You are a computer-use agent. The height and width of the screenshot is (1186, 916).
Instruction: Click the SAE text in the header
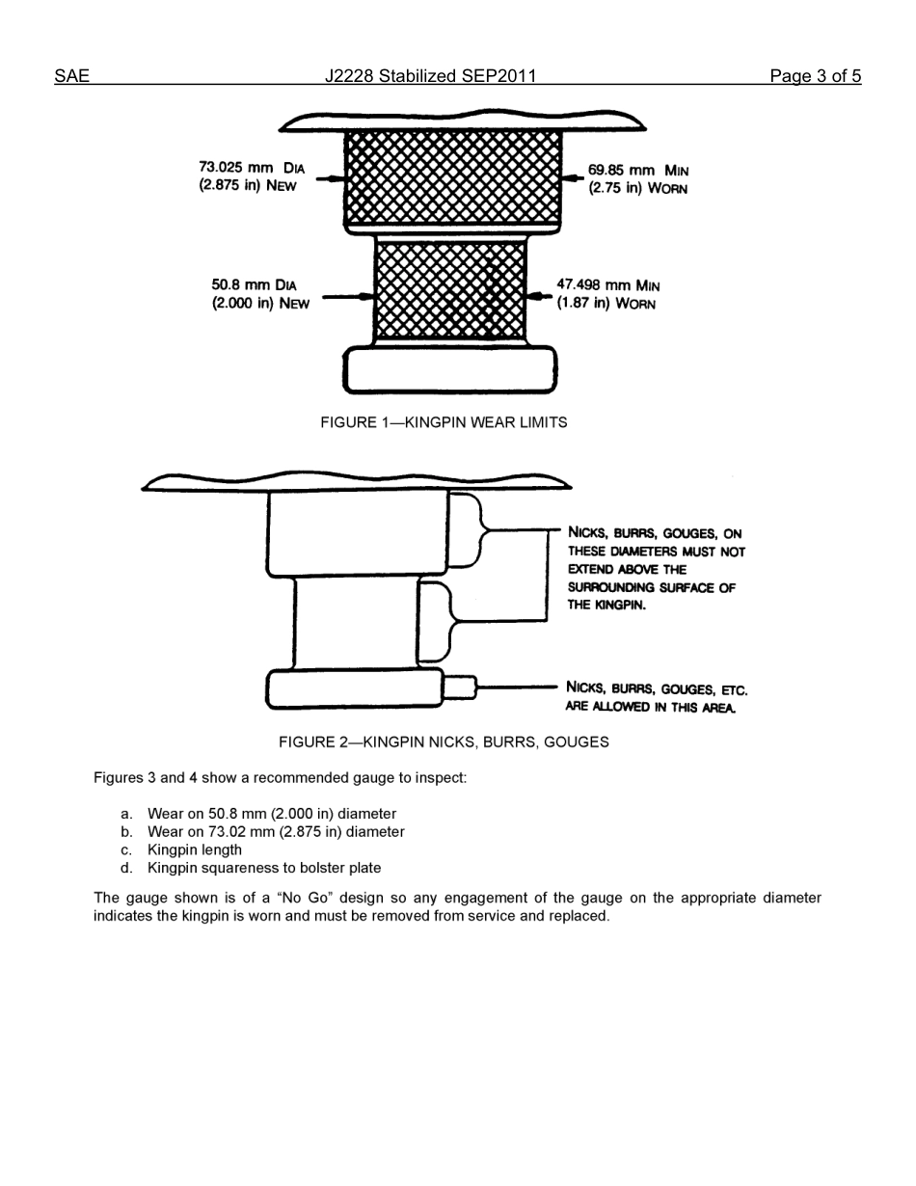(x=71, y=76)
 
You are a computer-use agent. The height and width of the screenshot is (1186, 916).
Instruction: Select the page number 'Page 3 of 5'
(x=815, y=76)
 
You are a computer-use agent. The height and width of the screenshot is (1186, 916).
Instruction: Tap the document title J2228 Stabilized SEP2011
(x=430, y=76)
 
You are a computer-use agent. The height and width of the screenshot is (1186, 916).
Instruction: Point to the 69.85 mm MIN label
(x=637, y=171)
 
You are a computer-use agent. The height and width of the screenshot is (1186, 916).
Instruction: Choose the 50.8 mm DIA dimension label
(x=255, y=285)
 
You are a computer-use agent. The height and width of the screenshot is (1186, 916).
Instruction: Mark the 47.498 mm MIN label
(x=608, y=285)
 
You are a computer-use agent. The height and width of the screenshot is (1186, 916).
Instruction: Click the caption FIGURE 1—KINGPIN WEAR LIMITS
(x=444, y=422)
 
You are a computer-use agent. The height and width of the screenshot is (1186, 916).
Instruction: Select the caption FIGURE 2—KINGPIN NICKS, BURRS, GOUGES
(x=444, y=742)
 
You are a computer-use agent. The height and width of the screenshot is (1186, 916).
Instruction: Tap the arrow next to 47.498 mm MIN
(x=540, y=296)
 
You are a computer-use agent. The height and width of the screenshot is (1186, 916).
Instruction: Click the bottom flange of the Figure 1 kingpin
(x=450, y=369)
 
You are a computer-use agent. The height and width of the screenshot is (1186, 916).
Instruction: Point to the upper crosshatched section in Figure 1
(x=452, y=177)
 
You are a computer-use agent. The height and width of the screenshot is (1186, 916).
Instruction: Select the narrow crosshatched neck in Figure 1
(x=450, y=289)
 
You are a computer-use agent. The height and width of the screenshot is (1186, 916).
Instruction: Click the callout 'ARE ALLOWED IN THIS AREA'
(x=651, y=707)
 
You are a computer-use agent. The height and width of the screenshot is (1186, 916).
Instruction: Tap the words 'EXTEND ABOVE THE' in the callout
(x=627, y=570)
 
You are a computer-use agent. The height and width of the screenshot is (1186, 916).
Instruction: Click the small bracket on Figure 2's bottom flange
(x=461, y=687)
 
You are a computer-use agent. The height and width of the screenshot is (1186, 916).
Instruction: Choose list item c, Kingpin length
(x=194, y=849)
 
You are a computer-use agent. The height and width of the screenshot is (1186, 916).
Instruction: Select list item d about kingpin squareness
(x=263, y=868)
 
